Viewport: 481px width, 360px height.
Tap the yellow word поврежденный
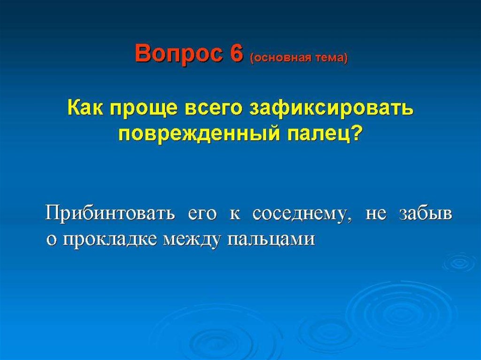[x=199, y=134]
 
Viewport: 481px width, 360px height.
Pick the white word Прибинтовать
[x=110, y=214]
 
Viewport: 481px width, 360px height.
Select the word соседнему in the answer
[x=301, y=214]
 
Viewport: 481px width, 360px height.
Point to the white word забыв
[x=426, y=214]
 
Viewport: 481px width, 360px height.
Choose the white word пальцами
[x=272, y=239]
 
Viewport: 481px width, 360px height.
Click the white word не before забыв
[x=376, y=214]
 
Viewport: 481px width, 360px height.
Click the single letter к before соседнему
[x=235, y=214]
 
